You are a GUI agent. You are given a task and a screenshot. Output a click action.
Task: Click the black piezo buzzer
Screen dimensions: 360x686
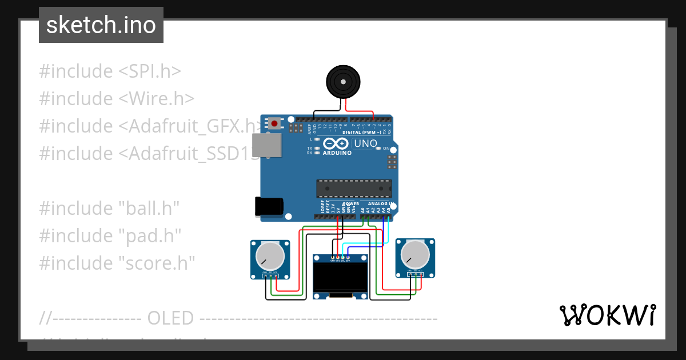tap(343, 82)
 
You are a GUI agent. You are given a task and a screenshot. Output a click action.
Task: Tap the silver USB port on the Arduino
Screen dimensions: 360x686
tap(267, 145)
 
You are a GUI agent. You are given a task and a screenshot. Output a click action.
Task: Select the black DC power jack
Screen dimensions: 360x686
tap(268, 206)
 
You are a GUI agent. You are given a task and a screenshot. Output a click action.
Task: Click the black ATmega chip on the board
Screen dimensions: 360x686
tap(354, 189)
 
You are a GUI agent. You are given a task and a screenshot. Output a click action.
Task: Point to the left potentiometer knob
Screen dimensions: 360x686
tap(270, 255)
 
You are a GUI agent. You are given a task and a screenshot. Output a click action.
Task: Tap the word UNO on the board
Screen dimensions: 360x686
tap(365, 143)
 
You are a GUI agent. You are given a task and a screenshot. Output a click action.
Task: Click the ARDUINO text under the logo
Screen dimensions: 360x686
tap(337, 153)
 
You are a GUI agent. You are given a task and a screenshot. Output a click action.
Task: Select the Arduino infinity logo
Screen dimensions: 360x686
tap(336, 143)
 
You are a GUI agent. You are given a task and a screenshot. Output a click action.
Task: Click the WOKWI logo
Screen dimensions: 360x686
tap(607, 315)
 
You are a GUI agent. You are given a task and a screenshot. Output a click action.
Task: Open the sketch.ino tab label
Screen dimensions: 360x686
tap(101, 25)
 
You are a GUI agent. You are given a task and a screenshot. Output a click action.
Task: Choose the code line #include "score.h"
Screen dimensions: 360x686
tap(117, 263)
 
